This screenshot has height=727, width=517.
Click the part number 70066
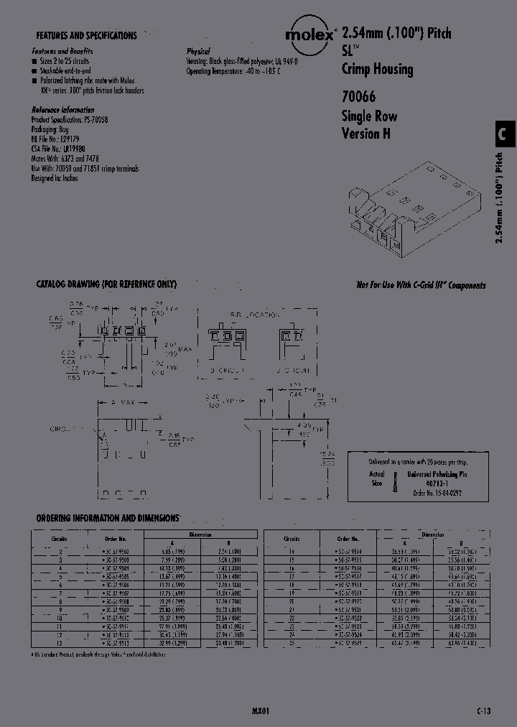pos(358,97)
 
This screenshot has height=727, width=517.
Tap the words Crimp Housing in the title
pos(377,70)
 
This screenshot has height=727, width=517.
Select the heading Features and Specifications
pos(86,35)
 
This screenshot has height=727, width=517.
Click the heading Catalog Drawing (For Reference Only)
pos(106,284)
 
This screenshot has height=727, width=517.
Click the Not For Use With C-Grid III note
pos(421,285)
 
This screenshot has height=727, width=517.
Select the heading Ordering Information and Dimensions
pos(107,518)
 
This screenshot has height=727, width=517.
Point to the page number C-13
pos(483,710)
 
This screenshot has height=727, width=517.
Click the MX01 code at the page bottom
pos(261,710)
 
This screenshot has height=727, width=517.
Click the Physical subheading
pos(198,52)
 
